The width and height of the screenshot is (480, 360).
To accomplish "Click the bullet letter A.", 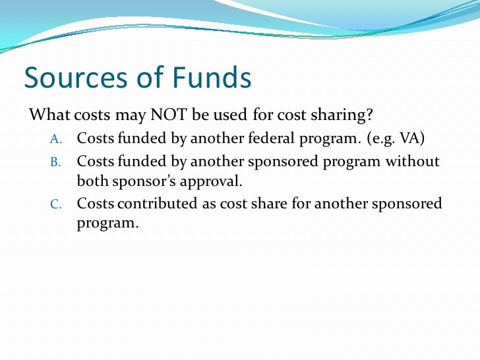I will (55, 139).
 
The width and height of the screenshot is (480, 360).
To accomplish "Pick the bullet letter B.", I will (55, 161).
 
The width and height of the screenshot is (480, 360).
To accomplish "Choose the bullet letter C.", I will (55, 204).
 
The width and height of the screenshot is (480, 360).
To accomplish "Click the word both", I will (92, 181).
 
